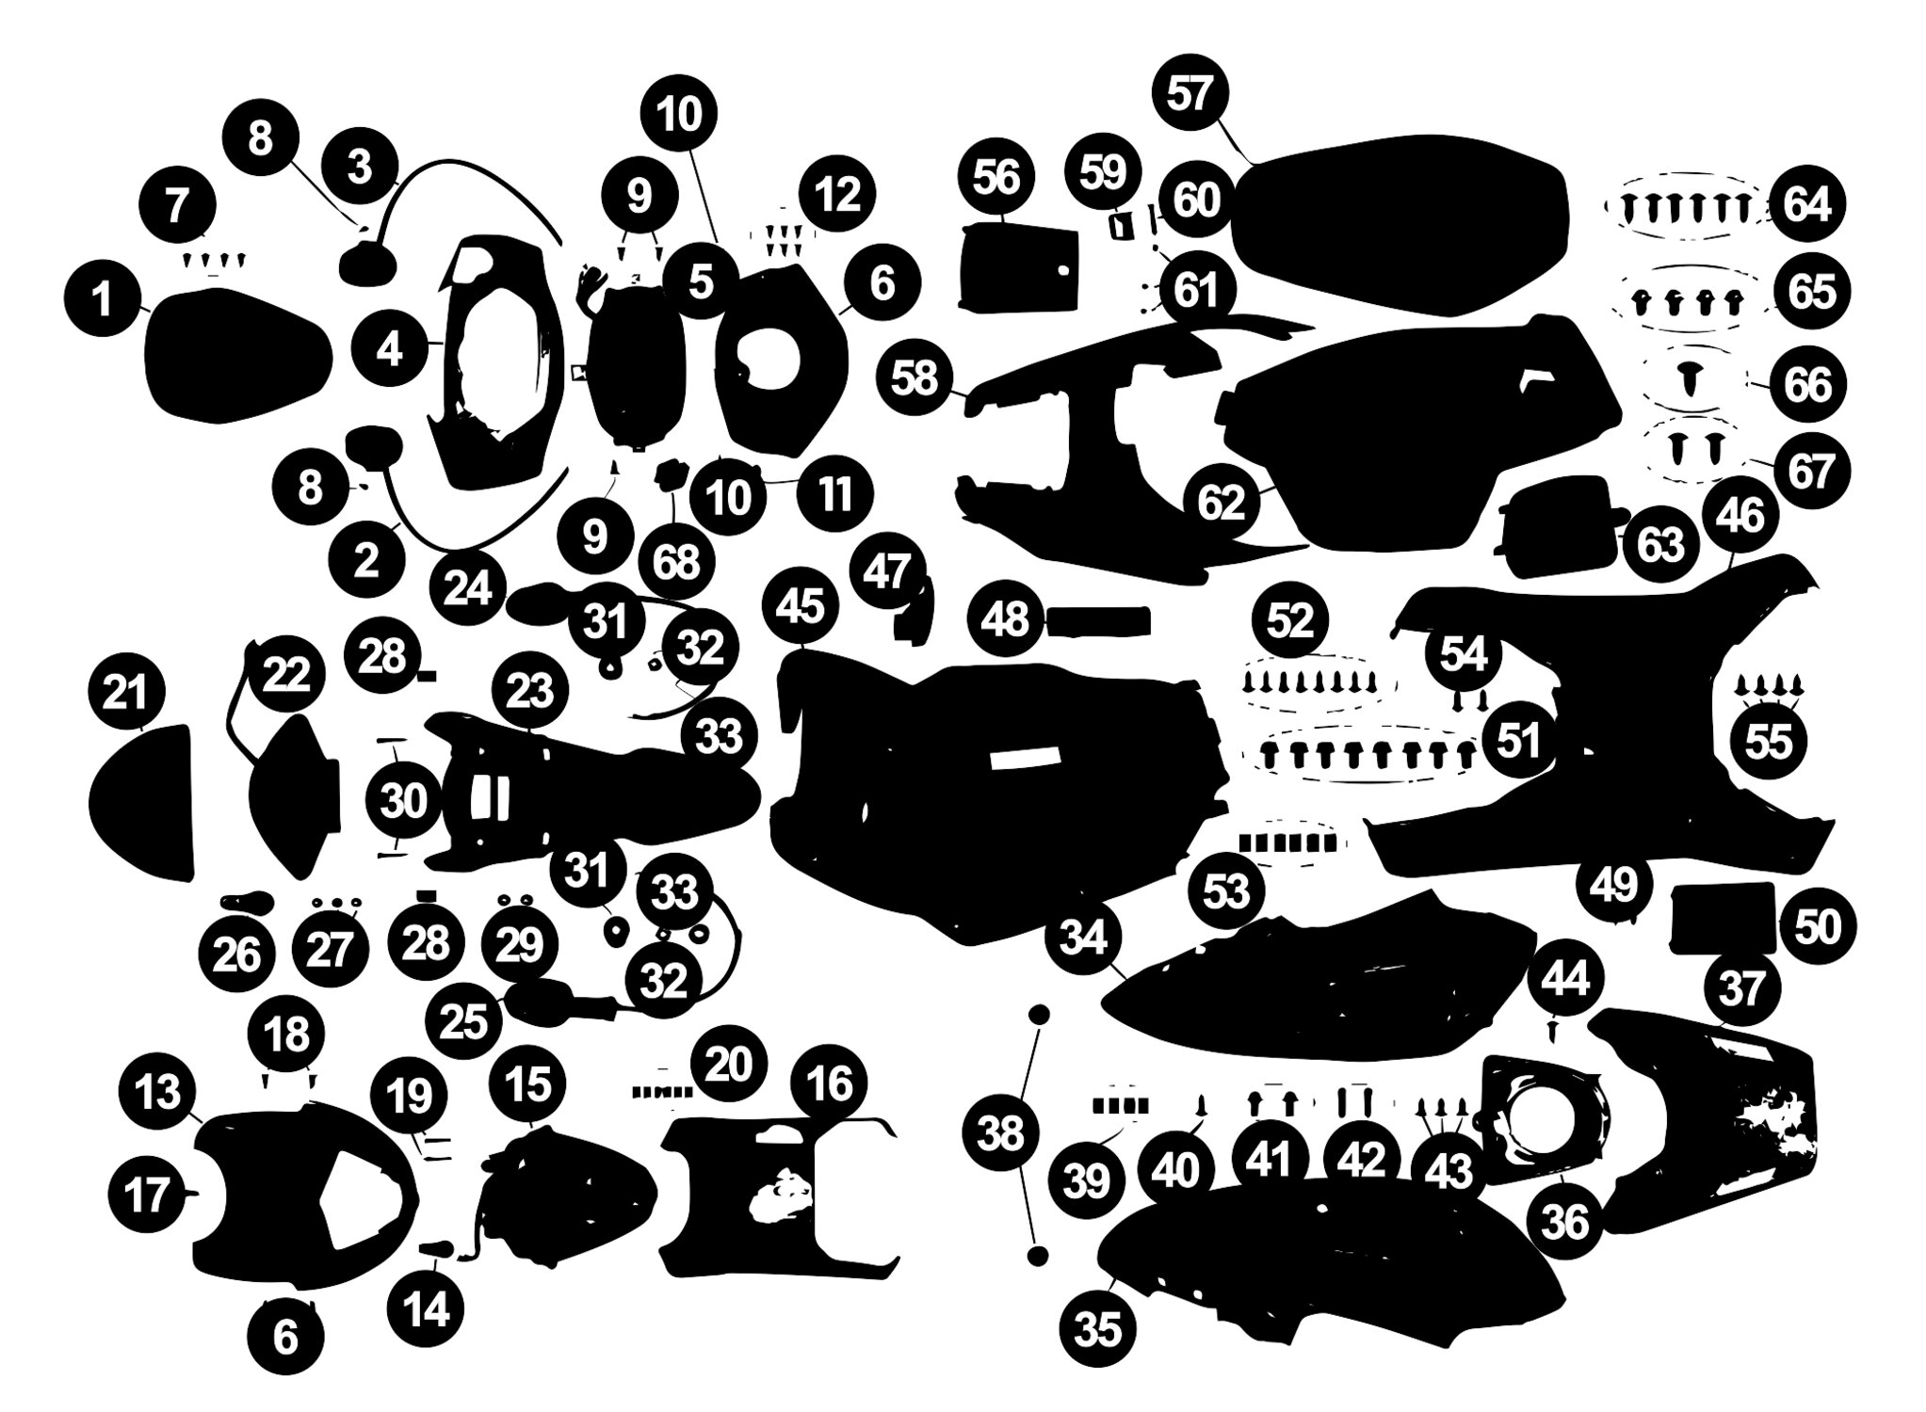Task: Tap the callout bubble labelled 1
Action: pos(103,300)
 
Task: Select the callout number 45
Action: pos(800,605)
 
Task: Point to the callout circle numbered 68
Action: pos(676,561)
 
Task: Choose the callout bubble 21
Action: pos(125,694)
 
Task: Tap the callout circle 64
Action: pos(1807,204)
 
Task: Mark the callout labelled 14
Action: pos(427,1309)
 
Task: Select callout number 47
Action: pos(887,570)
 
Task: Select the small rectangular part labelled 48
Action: pos(1098,621)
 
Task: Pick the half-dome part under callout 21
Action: pos(141,803)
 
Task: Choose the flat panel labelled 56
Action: pos(1017,265)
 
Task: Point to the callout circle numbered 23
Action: pos(529,691)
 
